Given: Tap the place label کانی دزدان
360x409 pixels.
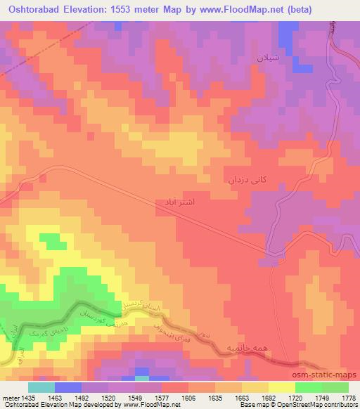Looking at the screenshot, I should point(247,180).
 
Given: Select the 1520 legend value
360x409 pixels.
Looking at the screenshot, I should point(109,397).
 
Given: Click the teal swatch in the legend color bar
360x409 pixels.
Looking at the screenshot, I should point(41,387).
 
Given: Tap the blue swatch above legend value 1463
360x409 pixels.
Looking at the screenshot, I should point(68,387).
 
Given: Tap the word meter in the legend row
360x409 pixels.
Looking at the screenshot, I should point(10,397).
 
